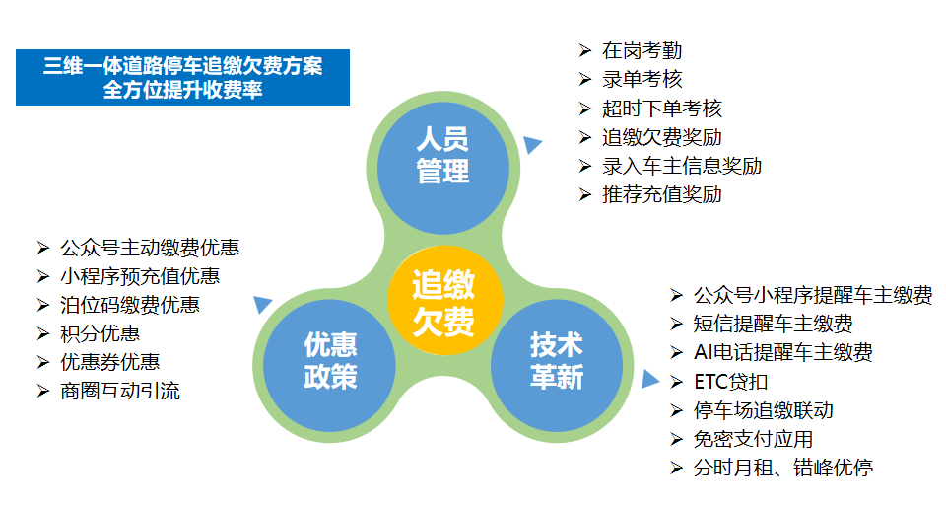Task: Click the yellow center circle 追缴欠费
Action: pyautogui.click(x=442, y=304)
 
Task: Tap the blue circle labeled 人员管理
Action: pyautogui.click(x=442, y=153)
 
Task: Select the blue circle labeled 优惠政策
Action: pyautogui.click(x=330, y=360)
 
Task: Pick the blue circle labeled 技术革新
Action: pyautogui.click(x=557, y=360)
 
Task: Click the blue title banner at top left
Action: pyautogui.click(x=182, y=78)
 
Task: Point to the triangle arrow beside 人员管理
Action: pyautogui.click(x=532, y=144)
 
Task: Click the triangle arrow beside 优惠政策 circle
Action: pyautogui.click(x=263, y=305)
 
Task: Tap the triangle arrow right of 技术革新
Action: pyautogui.click(x=649, y=379)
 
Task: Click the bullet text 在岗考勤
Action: pyautogui.click(x=642, y=50)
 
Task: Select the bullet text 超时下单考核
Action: pyautogui.click(x=662, y=109)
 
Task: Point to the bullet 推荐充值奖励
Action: pyautogui.click(x=662, y=194)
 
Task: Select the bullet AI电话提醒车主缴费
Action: pyautogui.click(x=783, y=352)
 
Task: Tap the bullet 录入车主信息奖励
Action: pyautogui.click(x=682, y=166)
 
